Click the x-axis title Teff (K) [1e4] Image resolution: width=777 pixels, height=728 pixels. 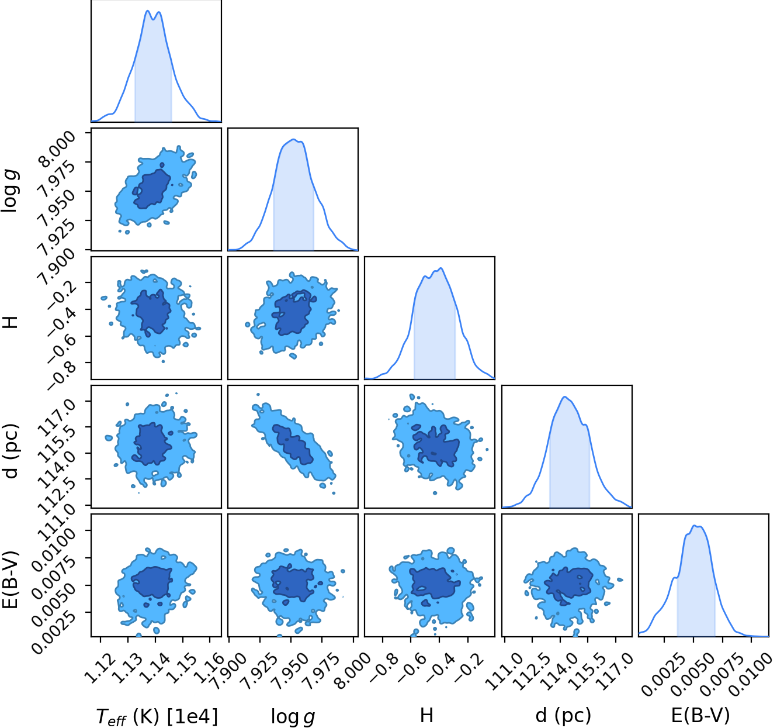click(157, 715)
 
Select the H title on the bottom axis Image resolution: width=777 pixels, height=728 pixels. click(426, 715)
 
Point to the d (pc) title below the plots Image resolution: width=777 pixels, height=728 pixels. click(563, 715)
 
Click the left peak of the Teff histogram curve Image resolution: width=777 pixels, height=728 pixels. click(148, 11)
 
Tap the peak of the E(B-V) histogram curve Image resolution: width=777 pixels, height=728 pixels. click(695, 526)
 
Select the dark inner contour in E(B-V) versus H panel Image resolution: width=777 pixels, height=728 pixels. click(434, 583)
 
